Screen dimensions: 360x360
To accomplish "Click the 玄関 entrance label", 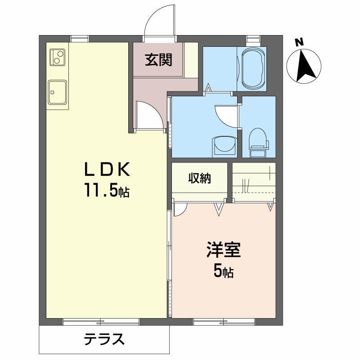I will (x=158, y=60).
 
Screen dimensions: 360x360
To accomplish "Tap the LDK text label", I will (x=108, y=170).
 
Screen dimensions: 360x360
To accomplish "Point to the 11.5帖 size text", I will (x=106, y=191).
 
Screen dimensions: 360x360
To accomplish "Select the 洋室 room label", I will (x=224, y=250).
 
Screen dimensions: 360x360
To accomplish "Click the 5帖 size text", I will (x=223, y=271).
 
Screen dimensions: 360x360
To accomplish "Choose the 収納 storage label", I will (x=200, y=178).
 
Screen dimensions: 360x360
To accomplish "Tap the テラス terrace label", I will (x=104, y=339).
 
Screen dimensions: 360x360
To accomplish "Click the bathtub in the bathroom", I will (x=254, y=69).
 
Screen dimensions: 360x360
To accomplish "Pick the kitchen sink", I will (x=57, y=93).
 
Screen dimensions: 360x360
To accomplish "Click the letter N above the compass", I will (x=298, y=43).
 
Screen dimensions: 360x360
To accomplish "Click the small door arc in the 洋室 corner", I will (x=180, y=208).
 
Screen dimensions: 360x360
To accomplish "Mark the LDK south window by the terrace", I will (x=101, y=321).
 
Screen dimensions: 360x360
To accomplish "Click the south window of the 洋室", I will (x=224, y=321).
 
